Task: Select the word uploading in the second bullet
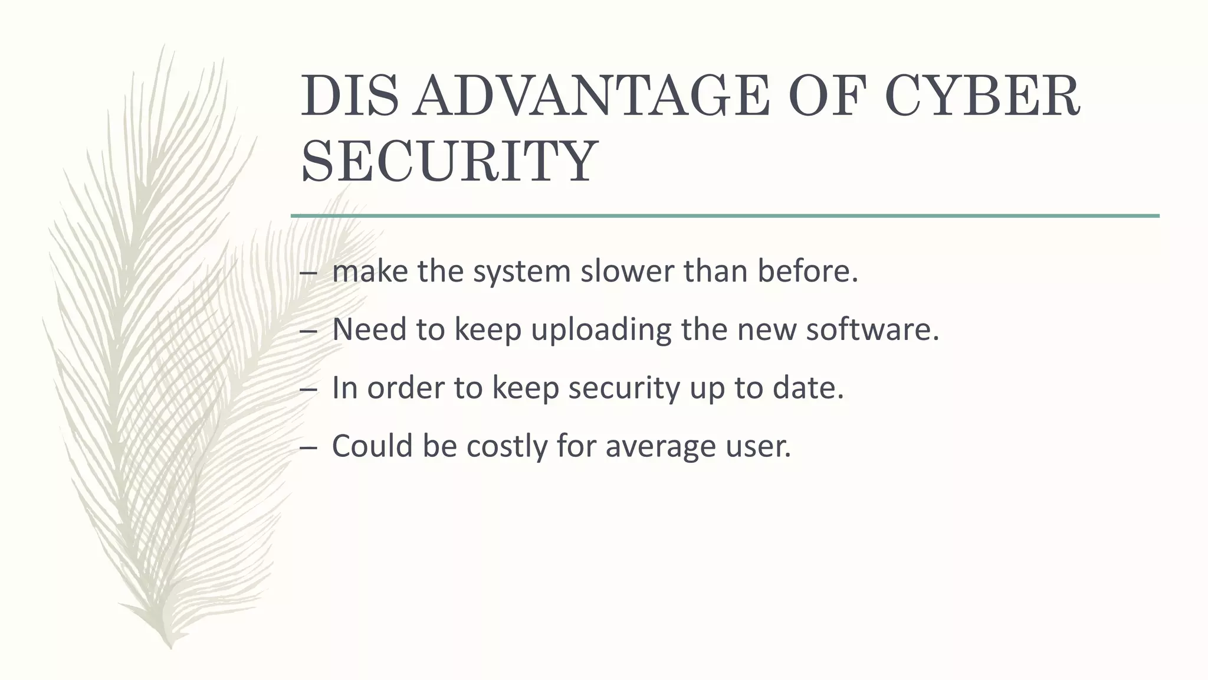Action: (601, 329)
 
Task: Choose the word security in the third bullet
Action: (624, 388)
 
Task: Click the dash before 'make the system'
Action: (308, 273)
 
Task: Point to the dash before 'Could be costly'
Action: (308, 447)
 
